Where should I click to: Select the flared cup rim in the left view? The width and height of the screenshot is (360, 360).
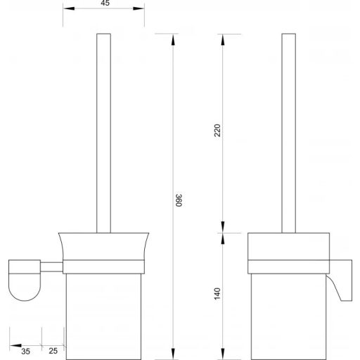coord(104,245)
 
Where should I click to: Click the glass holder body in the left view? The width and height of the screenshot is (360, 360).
coord(104,309)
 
